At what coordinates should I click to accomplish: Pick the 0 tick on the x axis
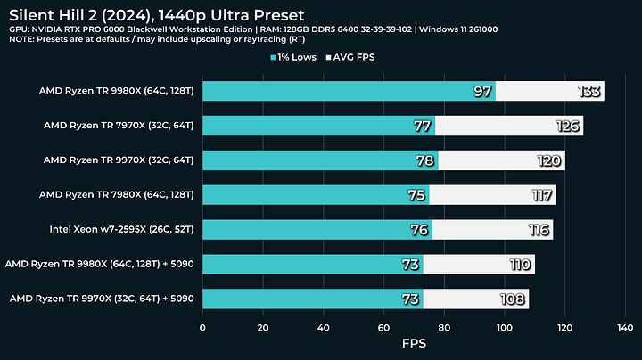203,326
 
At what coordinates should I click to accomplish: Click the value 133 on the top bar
589,92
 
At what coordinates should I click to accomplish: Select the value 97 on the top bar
481,92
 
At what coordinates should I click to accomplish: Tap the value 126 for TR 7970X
569,127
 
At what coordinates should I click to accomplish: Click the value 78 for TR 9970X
424,160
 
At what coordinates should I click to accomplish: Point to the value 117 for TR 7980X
541,195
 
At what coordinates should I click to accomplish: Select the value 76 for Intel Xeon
419,229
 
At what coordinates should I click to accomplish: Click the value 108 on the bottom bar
514,299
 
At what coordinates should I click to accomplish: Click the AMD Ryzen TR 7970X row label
119,126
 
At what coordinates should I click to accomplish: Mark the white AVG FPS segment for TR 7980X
492,195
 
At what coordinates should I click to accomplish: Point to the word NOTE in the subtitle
24,42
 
